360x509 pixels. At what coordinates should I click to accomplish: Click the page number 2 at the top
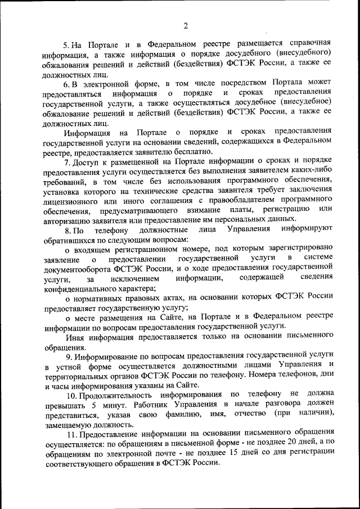(x=184, y=25)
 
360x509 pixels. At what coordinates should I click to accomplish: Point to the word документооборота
(x=76, y=269)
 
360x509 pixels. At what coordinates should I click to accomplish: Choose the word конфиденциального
(x=81, y=288)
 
